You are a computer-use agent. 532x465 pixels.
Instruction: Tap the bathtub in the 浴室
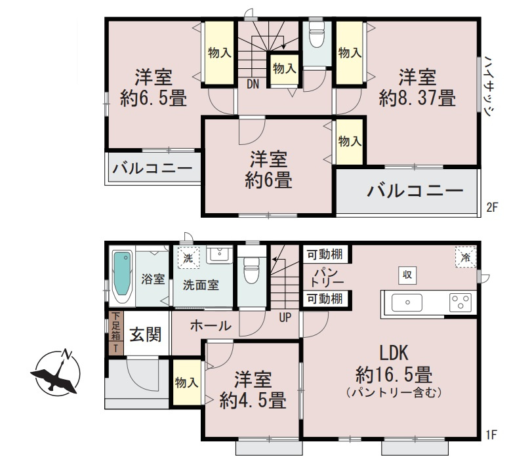tap(123, 276)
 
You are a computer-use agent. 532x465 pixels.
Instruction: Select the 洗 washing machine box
tap(188, 257)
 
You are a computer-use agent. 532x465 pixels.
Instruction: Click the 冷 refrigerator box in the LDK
tap(465, 257)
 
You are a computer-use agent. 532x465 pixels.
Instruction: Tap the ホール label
tap(210, 325)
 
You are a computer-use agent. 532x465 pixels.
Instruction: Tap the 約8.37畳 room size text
tap(417, 98)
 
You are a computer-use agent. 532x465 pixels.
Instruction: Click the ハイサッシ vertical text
tap(489, 85)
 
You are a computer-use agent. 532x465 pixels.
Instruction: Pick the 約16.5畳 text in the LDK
tap(394, 375)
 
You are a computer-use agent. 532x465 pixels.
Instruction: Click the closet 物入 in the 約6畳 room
tap(350, 141)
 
